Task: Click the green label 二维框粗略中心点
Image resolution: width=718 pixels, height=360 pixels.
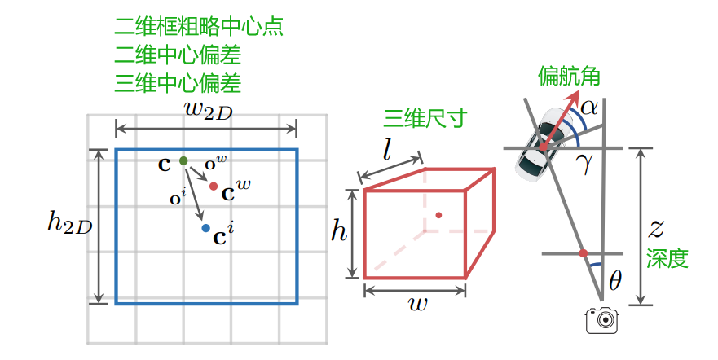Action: click(x=198, y=26)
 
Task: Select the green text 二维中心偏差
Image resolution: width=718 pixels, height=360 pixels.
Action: click(x=178, y=55)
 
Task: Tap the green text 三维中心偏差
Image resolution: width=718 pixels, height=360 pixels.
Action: click(x=178, y=83)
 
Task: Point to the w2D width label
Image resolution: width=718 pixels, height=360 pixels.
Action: click(x=208, y=111)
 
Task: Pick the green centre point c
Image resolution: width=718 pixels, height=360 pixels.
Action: click(x=183, y=160)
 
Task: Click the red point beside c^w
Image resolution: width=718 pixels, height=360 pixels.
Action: click(x=214, y=187)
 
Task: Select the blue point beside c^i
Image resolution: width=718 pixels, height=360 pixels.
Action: click(x=205, y=229)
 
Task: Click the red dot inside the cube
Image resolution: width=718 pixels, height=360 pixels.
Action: click(x=438, y=215)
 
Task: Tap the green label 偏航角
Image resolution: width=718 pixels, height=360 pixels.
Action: click(x=569, y=77)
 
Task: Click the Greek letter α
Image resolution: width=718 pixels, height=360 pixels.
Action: click(x=590, y=106)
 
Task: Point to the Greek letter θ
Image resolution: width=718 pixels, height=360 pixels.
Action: click(x=615, y=281)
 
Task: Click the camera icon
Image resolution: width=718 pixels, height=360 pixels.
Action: click(x=603, y=320)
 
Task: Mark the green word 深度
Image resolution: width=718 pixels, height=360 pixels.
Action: click(x=667, y=260)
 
